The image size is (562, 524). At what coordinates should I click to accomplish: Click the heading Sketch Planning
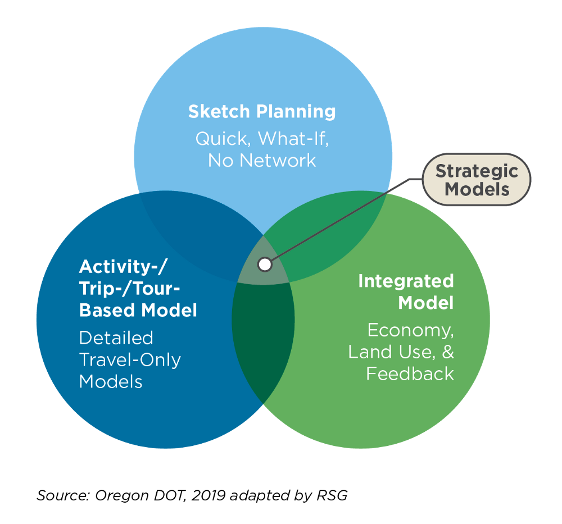click(262, 111)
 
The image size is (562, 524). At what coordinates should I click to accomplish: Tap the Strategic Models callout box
click(477, 180)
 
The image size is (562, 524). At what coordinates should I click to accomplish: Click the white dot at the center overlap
click(265, 265)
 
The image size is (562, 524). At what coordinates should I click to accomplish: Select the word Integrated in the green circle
click(406, 281)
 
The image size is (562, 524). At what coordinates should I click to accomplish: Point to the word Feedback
click(410, 373)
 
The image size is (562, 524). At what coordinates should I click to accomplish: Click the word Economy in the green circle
click(411, 330)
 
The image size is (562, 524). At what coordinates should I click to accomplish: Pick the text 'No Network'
click(262, 161)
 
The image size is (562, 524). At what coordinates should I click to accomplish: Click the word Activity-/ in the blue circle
click(123, 267)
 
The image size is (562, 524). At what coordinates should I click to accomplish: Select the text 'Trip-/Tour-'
click(129, 288)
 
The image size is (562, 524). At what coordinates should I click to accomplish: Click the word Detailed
click(116, 338)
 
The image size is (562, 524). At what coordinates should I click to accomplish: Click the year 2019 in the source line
click(209, 495)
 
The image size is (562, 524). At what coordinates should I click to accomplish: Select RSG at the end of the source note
click(332, 495)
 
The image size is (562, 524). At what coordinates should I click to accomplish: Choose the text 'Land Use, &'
click(401, 352)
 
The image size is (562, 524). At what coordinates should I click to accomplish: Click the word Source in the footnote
click(64, 495)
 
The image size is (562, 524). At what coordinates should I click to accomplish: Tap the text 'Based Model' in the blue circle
click(138, 310)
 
